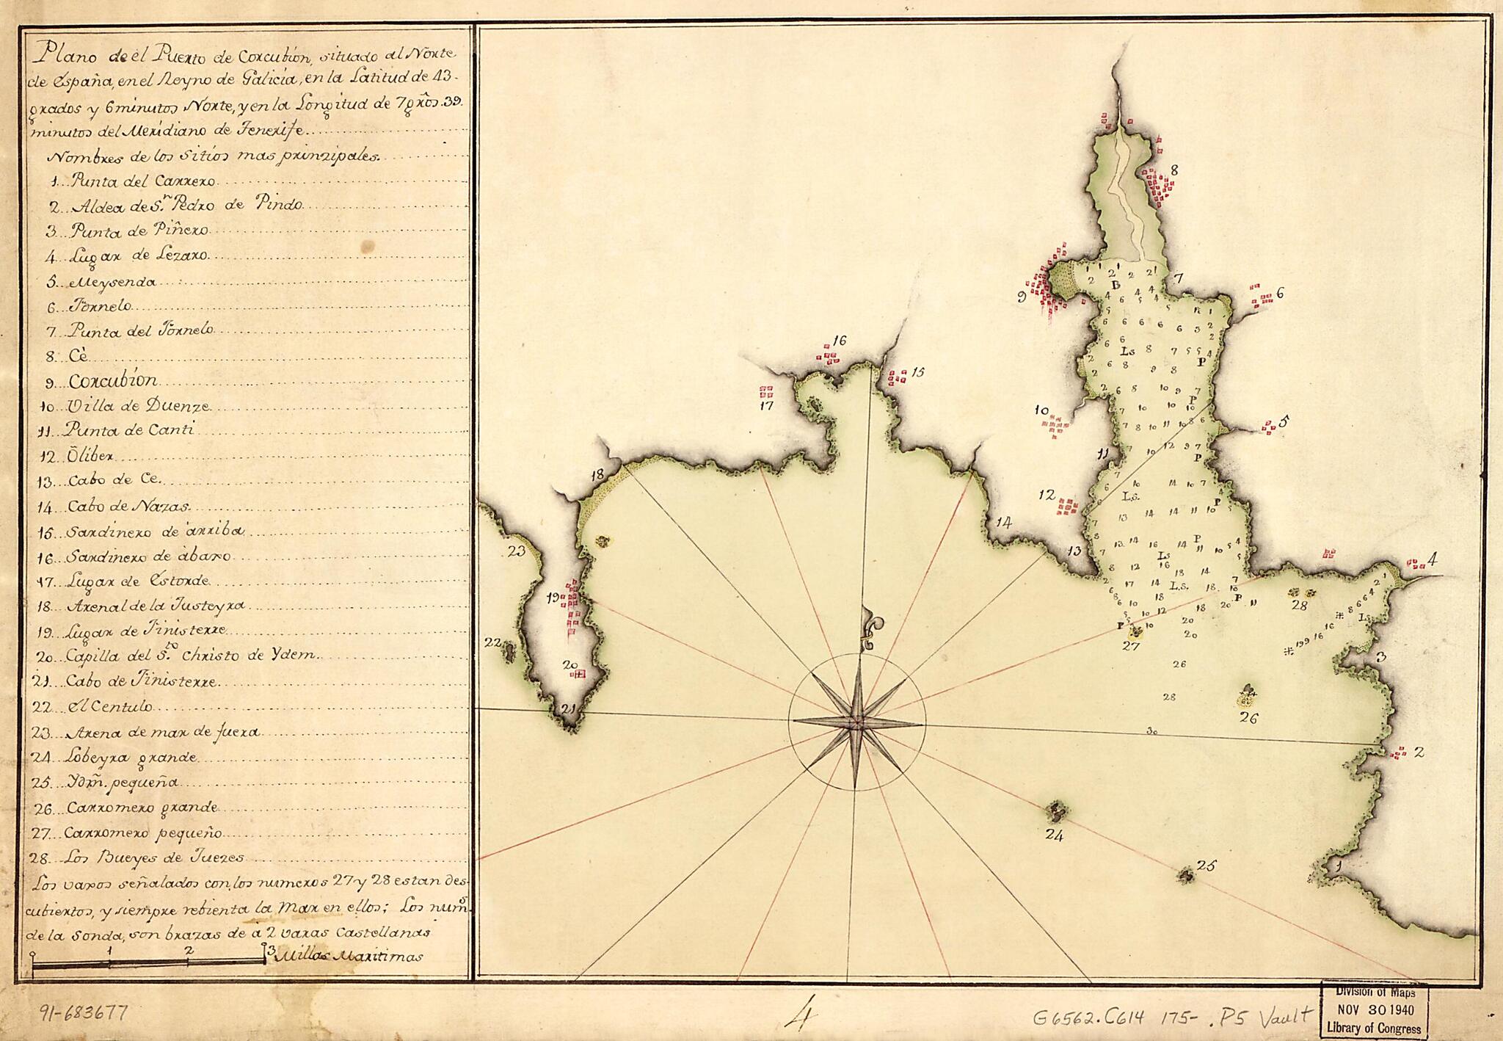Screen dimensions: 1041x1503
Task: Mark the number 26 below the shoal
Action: point(1248,718)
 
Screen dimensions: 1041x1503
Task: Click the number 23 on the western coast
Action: point(517,551)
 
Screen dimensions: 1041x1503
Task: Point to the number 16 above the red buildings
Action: point(840,340)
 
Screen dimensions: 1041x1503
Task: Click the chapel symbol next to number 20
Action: point(580,673)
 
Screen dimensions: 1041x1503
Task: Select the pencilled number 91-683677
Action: point(83,1014)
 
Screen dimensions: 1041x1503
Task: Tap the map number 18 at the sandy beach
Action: point(597,474)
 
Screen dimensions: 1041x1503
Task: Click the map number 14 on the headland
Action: point(1003,523)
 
